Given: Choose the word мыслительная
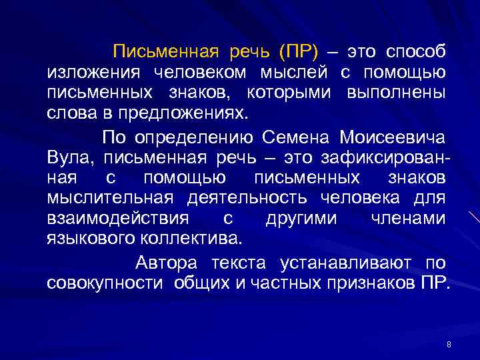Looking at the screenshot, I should tap(110, 198).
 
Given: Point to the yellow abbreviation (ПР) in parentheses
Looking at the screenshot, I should tap(299, 52).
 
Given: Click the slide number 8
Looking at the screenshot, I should tap(449, 344).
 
